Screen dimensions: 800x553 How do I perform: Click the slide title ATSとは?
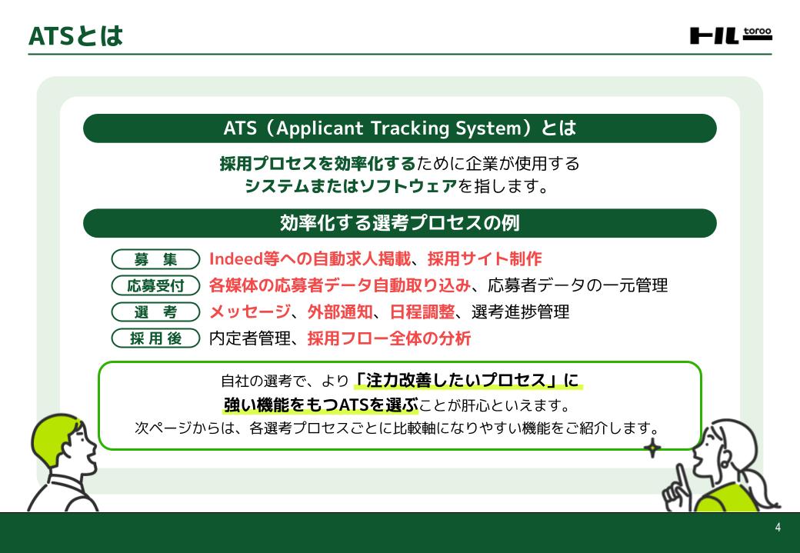tap(75, 35)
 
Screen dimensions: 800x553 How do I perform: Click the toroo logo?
tap(731, 35)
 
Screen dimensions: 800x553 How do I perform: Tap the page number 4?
tap(778, 528)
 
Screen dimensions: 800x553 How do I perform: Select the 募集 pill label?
tap(155, 259)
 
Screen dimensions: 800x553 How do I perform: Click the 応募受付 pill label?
tap(155, 285)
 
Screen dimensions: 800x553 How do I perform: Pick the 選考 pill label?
tap(155, 311)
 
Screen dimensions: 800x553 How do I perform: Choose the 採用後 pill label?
tap(155, 338)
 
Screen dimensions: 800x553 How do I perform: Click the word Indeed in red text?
tap(235, 258)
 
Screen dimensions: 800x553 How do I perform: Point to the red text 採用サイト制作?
tap(484, 258)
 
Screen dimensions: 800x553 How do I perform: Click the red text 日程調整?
tap(422, 311)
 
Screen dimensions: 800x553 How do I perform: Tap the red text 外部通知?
tap(340, 311)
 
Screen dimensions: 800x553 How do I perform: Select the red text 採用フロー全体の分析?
tap(388, 338)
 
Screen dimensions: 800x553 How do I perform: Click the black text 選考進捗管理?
tap(520, 311)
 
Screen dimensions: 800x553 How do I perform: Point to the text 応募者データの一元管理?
tap(578, 285)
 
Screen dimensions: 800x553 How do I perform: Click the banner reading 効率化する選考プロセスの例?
tap(400, 223)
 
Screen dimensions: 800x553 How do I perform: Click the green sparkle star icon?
tap(652, 448)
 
